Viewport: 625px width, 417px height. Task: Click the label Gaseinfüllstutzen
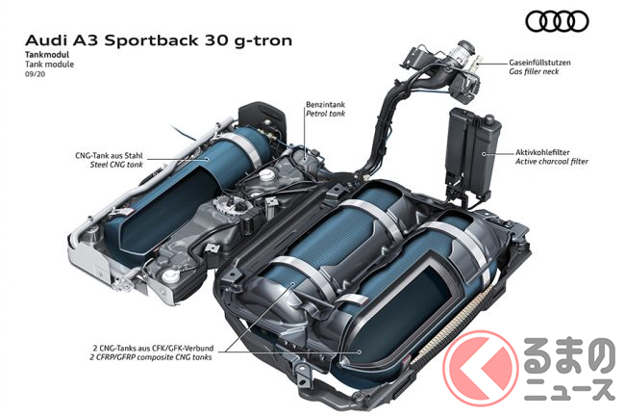pyautogui.click(x=540, y=63)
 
